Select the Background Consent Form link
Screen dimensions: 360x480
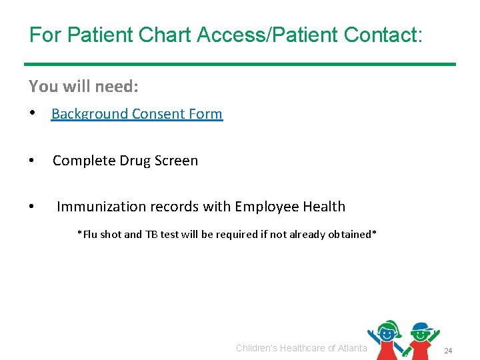coord(137,114)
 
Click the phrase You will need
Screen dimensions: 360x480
coord(83,86)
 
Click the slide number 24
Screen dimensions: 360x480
coord(448,351)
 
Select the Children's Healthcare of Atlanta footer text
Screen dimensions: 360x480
coord(301,348)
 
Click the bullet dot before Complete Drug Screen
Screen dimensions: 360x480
coord(32,161)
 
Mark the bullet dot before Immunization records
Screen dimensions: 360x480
coord(32,207)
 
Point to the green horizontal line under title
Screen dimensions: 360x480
coord(240,64)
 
